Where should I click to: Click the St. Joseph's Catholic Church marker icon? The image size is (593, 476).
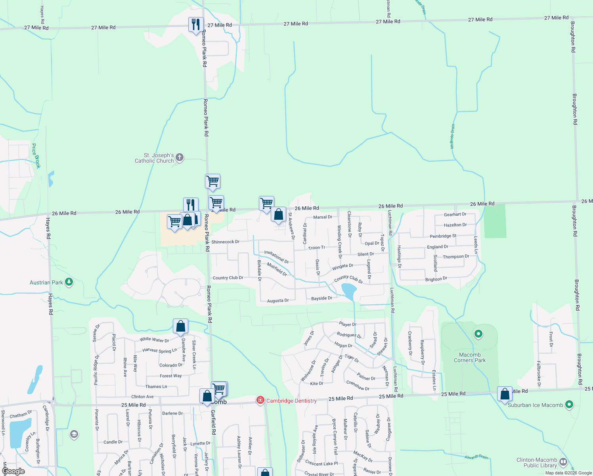(x=180, y=157)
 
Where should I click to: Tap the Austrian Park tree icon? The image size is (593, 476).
(x=69, y=282)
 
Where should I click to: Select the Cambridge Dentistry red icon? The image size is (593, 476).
(x=260, y=400)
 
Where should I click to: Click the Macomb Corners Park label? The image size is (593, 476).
(x=470, y=358)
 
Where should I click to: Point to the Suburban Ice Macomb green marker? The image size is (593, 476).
(x=569, y=405)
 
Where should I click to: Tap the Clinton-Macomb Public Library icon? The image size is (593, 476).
(x=563, y=462)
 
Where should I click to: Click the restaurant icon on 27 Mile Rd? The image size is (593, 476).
(x=195, y=25)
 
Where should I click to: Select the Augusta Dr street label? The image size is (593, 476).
(x=278, y=301)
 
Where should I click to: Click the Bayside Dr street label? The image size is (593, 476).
(x=321, y=298)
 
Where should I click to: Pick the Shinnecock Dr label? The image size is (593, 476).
(x=225, y=242)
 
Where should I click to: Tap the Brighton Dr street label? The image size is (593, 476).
(x=436, y=279)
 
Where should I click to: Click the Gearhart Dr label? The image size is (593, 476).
(x=455, y=215)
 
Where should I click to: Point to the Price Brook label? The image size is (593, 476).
(x=36, y=156)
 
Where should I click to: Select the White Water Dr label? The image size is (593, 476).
(x=154, y=340)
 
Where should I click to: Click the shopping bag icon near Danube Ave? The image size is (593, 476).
(x=180, y=326)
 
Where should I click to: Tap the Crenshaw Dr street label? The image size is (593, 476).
(x=358, y=386)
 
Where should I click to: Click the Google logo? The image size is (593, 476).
(x=13, y=471)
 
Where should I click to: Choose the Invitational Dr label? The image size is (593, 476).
(x=276, y=257)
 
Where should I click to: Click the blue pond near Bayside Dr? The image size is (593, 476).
(x=349, y=291)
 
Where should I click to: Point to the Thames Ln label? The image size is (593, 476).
(x=156, y=386)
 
